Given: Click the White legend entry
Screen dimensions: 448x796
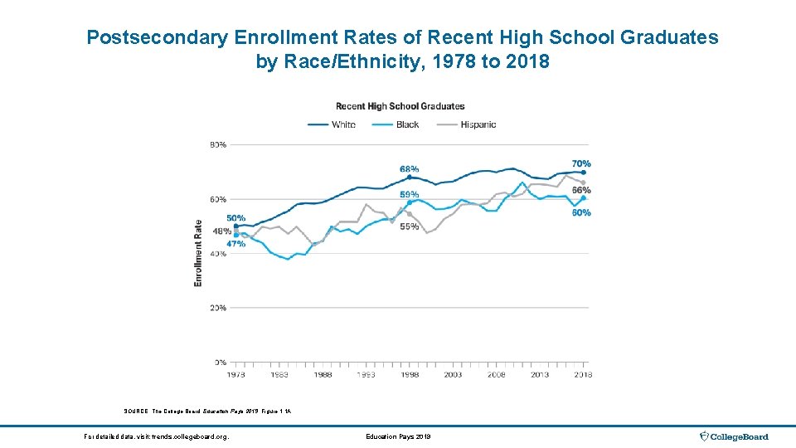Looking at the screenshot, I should pos(332,124).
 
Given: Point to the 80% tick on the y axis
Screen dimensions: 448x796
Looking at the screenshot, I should pos(217,145).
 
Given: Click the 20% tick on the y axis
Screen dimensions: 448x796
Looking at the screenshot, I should pos(217,308).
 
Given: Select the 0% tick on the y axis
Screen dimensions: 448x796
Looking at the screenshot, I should pos(220,363).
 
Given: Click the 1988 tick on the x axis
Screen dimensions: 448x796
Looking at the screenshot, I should pos(323,375).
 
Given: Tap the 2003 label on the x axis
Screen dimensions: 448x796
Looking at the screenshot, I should pos(453,375).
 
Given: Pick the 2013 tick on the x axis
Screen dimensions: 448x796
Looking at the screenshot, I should pos(540,375).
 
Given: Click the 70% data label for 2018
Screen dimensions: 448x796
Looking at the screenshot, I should pos(581,163).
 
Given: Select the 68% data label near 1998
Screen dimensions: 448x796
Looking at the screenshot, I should pos(409,169).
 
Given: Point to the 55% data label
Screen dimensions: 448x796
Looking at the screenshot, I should pos(409,226).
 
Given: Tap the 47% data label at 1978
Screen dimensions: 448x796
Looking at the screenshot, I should pos(235,244).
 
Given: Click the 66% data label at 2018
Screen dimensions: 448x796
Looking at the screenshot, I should pos(581,191).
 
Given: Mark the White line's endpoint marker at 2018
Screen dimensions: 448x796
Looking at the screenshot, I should pos(584,173).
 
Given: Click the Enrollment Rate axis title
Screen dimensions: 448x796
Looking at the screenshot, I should pos(198,253).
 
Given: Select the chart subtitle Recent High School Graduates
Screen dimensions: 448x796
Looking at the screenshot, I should pos(400,106).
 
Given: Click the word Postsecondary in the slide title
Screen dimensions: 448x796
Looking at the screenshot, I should pos(146,38).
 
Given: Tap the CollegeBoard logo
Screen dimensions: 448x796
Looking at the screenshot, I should pos(735,436).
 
